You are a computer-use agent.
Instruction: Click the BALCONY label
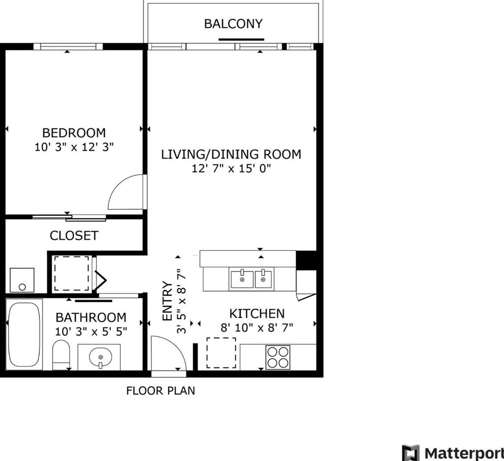(233, 24)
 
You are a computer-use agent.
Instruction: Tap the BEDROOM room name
(74, 133)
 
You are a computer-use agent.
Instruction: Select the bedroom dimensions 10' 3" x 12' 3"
(74, 147)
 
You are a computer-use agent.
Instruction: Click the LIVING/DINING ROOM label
(231, 154)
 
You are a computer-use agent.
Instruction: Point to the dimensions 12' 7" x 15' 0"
(231, 168)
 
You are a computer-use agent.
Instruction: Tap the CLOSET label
(74, 236)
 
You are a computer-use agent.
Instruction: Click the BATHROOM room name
(91, 318)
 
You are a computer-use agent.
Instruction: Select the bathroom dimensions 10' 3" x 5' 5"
(91, 331)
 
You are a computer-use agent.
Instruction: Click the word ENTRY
(167, 301)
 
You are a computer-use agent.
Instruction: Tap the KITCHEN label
(257, 313)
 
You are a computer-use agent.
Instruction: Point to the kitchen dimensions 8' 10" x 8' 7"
(257, 327)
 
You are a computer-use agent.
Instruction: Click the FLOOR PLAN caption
(161, 391)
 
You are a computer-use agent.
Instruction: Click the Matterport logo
(453, 453)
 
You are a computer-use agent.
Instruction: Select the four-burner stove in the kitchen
(278, 357)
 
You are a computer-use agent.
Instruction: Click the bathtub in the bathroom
(24, 335)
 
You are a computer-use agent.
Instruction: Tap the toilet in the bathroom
(61, 356)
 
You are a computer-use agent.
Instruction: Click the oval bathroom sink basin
(100, 357)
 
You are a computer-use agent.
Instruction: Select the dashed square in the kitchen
(221, 353)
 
